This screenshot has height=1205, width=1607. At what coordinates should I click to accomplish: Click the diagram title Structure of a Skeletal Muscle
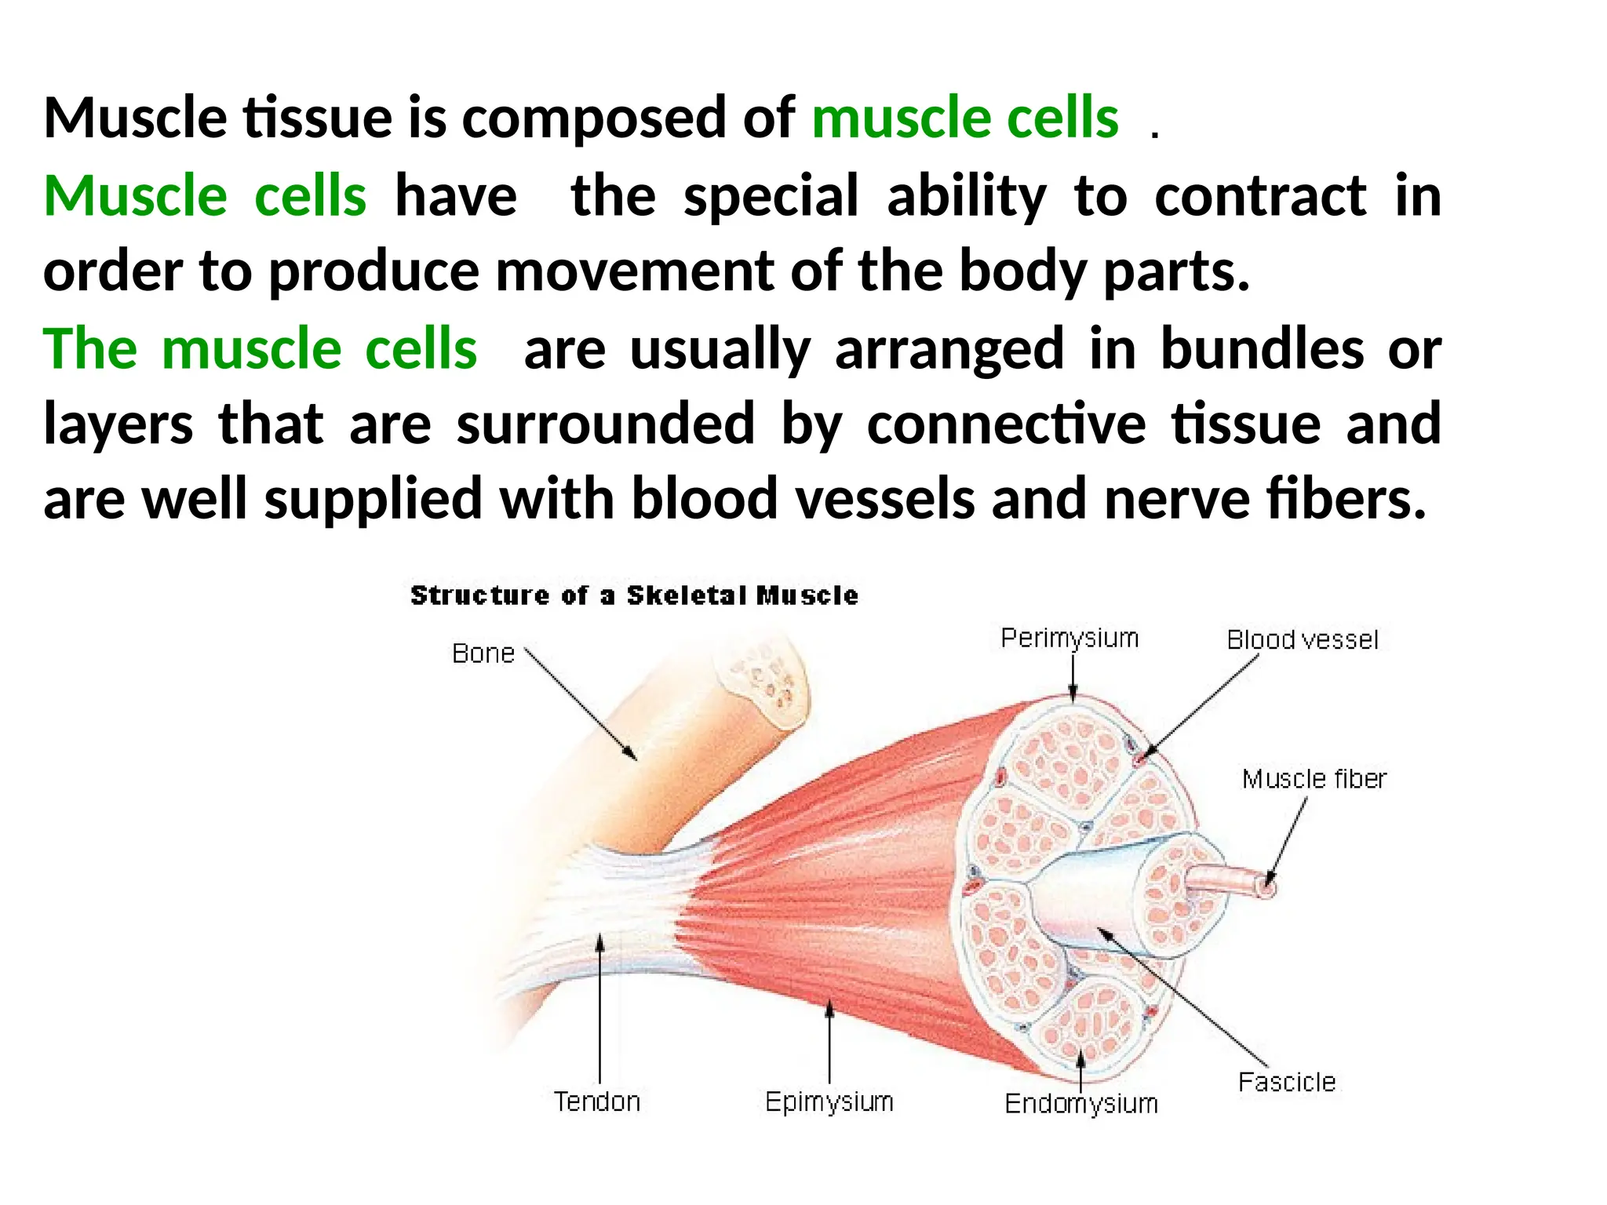pyautogui.click(x=634, y=595)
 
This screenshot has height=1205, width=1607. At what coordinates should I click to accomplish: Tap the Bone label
pyautogui.click(x=483, y=653)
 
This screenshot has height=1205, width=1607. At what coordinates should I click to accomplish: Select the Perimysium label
pyautogui.click(x=1070, y=639)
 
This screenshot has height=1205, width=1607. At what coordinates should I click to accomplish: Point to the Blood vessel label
pyautogui.click(x=1302, y=640)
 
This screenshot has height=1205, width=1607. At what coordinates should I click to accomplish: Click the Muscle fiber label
pyautogui.click(x=1314, y=779)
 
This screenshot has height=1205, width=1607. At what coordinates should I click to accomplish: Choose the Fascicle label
pyautogui.click(x=1286, y=1082)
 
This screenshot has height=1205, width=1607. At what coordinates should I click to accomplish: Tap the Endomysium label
pyautogui.click(x=1081, y=1104)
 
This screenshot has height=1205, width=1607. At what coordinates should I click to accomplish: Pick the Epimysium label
pyautogui.click(x=829, y=1101)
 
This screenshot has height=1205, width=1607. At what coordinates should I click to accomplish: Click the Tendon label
pyautogui.click(x=597, y=1101)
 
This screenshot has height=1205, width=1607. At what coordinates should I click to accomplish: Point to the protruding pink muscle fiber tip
pyautogui.click(x=1265, y=887)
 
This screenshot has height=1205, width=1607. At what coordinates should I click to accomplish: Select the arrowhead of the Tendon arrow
pyautogui.click(x=599, y=941)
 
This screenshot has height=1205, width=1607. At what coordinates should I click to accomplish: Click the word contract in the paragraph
pyautogui.click(x=1260, y=196)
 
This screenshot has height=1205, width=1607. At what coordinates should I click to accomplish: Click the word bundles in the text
pyautogui.click(x=1262, y=348)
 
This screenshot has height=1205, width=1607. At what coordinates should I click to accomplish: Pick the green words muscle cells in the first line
pyautogui.click(x=964, y=118)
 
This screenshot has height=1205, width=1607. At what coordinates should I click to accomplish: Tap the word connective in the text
pyautogui.click(x=1006, y=424)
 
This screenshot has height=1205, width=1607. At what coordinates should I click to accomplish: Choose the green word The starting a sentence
pyautogui.click(x=90, y=348)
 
